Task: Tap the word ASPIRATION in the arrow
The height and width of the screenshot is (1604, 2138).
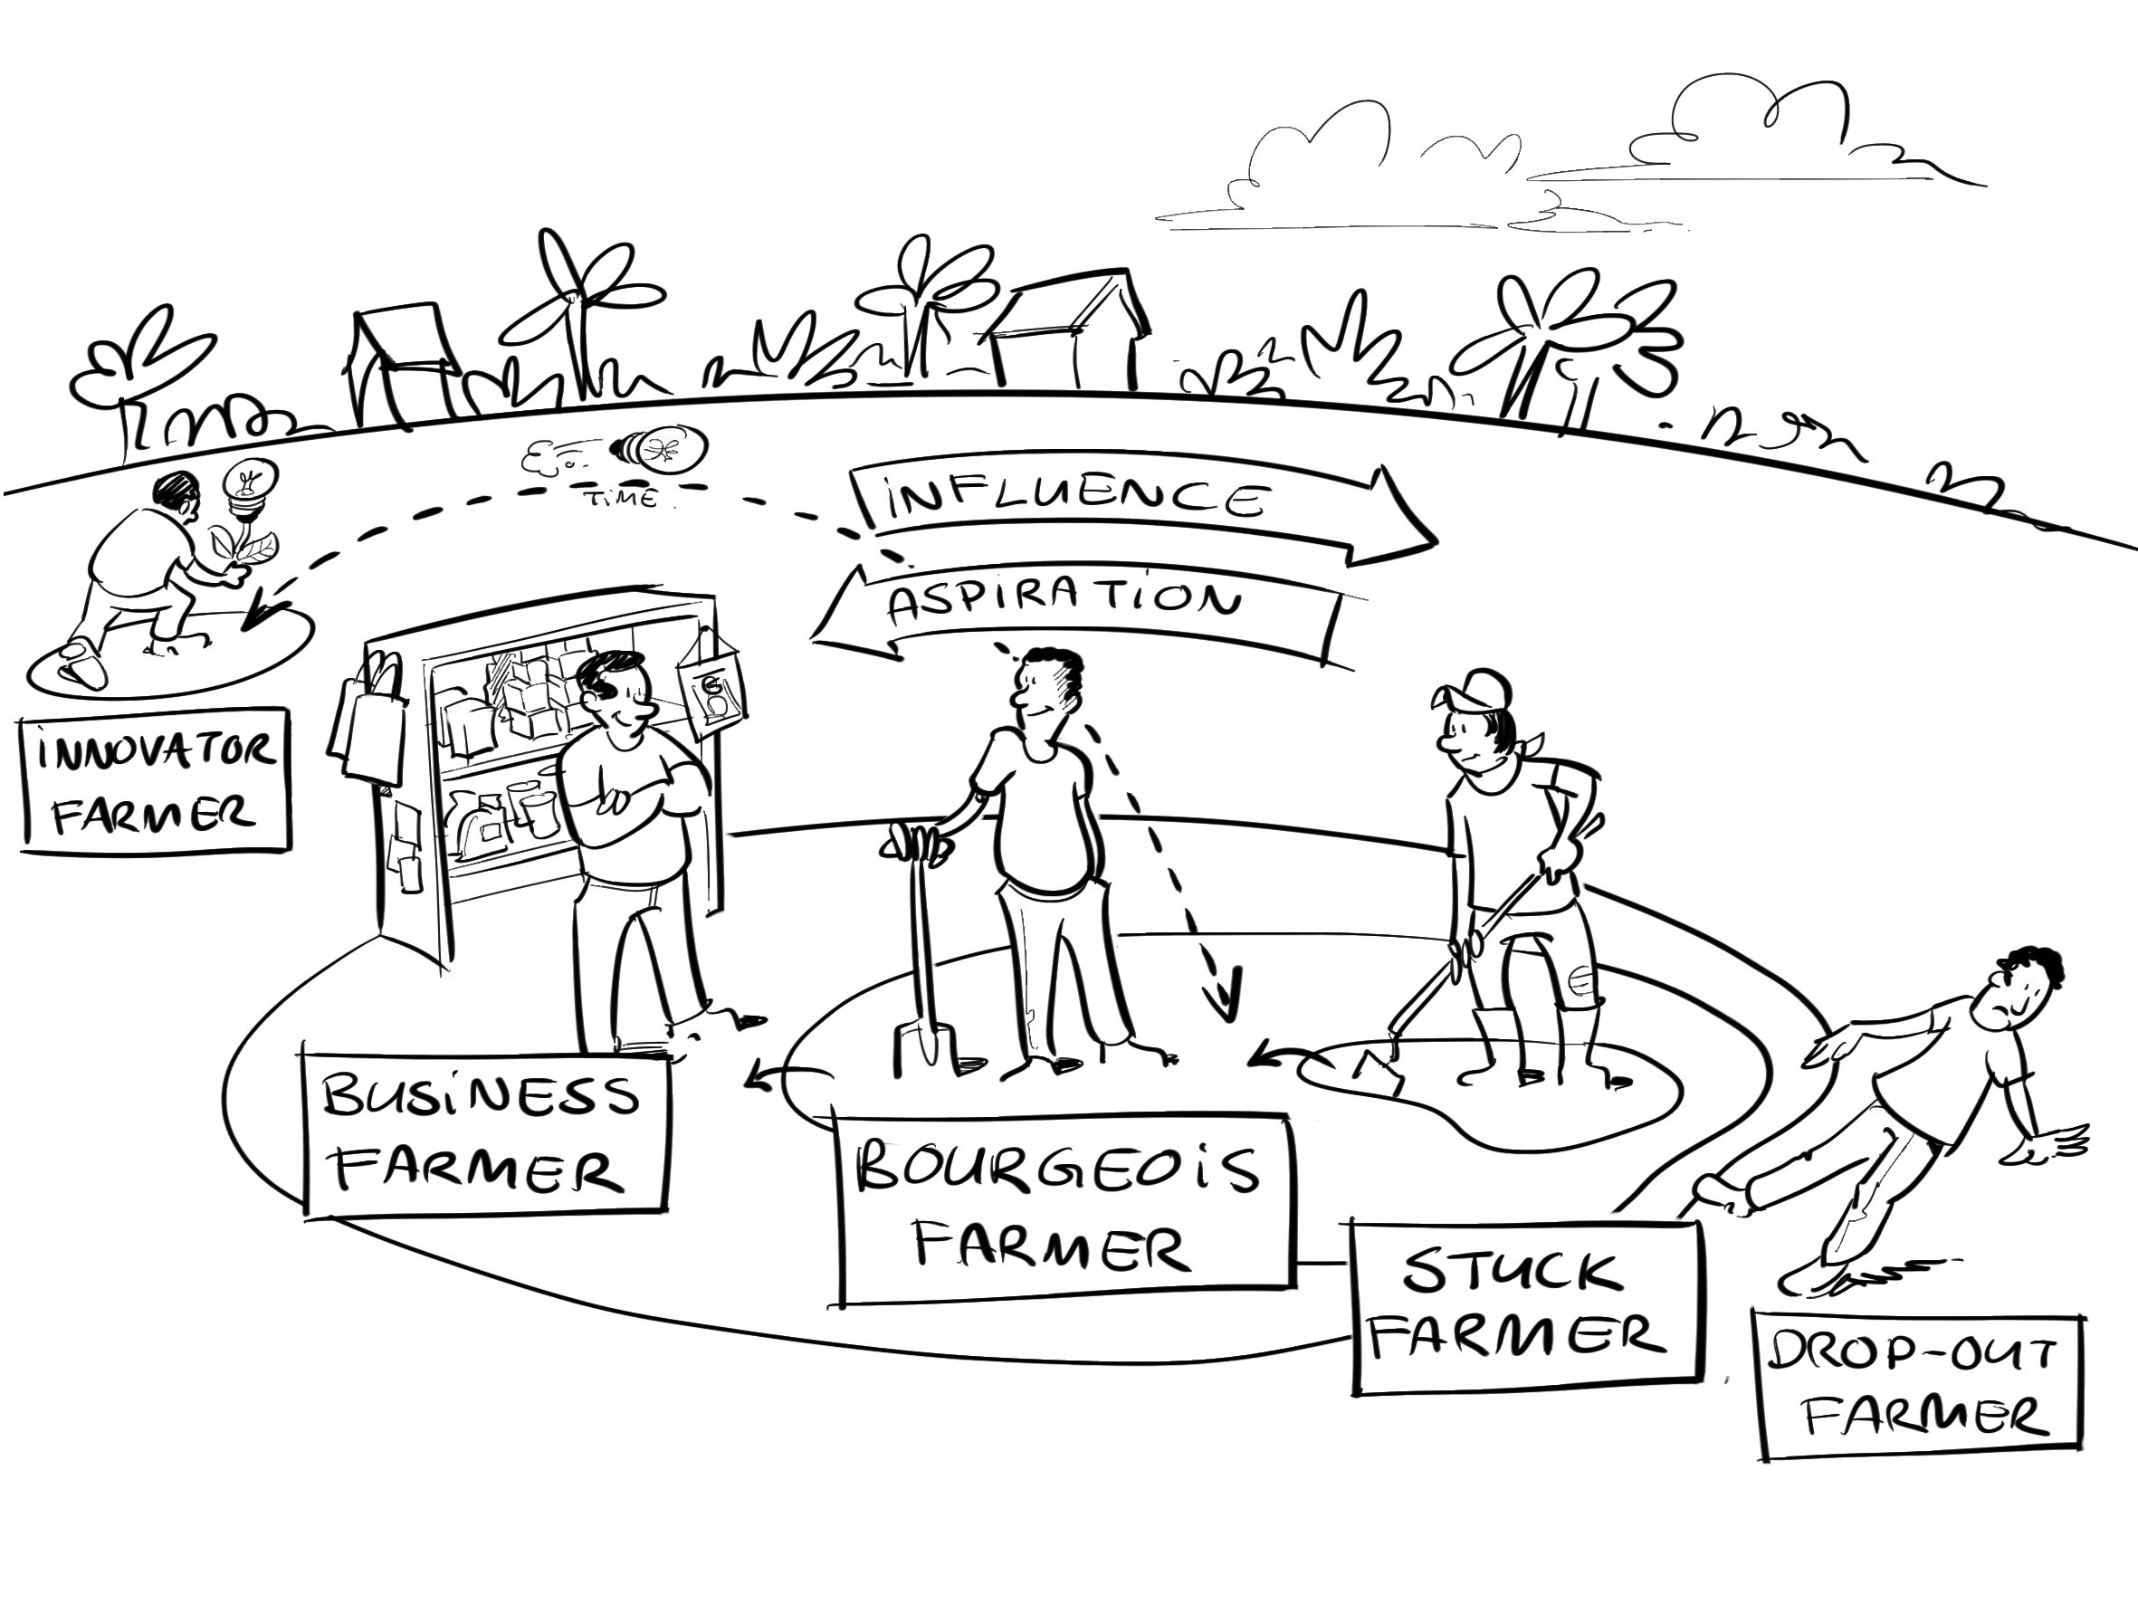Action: (1064, 601)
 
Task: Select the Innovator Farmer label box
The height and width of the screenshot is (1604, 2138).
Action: (155, 781)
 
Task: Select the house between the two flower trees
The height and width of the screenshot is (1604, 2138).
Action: (1068, 333)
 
